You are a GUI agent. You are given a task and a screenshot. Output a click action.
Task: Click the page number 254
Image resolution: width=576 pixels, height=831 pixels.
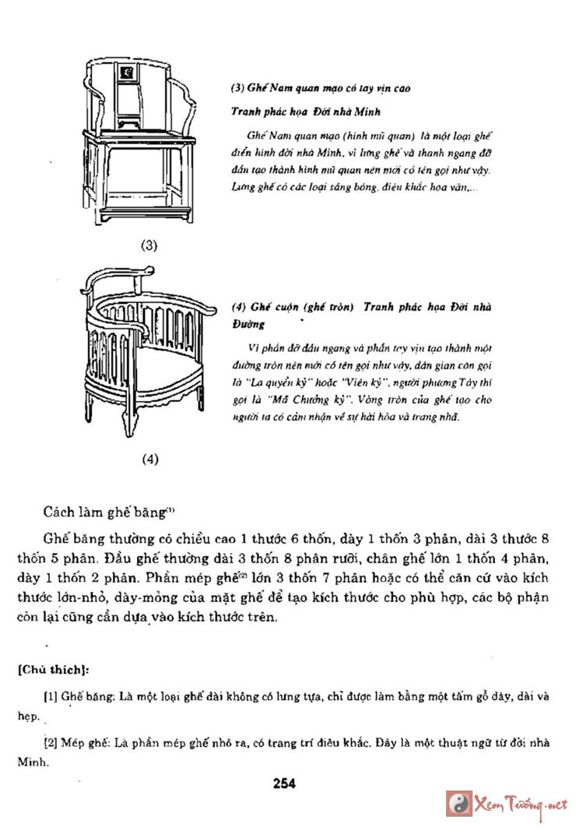point(284,783)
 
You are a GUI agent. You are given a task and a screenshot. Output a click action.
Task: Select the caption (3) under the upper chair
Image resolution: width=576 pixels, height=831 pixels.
point(149,245)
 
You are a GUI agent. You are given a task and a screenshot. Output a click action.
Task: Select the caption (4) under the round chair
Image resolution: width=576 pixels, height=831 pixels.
point(150,459)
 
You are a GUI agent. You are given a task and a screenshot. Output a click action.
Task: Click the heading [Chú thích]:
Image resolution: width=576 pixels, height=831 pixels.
point(53,667)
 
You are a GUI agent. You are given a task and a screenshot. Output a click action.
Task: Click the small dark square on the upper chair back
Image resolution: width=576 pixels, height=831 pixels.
point(125,74)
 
